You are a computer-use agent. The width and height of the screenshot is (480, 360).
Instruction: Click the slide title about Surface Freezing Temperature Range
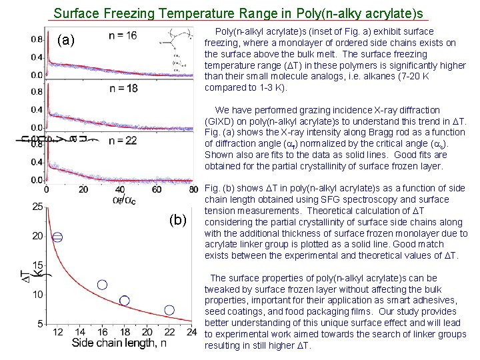pyautogui.click(x=238, y=13)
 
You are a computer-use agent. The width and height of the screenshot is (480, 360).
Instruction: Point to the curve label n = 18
pyautogui.click(x=123, y=88)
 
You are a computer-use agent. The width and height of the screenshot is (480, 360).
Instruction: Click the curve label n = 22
pyautogui.click(x=123, y=140)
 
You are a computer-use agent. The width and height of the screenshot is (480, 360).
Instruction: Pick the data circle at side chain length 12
pyautogui.click(x=58, y=237)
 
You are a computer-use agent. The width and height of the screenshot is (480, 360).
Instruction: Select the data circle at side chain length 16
pyautogui.click(x=102, y=285)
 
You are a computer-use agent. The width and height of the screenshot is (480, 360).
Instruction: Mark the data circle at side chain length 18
pyautogui.click(x=125, y=301)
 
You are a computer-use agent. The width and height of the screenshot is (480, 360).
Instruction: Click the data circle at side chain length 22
pyautogui.click(x=169, y=310)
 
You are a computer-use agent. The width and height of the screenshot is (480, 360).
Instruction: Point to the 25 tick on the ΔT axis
pyautogui.click(x=38, y=207)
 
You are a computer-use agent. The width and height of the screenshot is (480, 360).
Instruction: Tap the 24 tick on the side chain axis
pyautogui.click(x=191, y=333)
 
